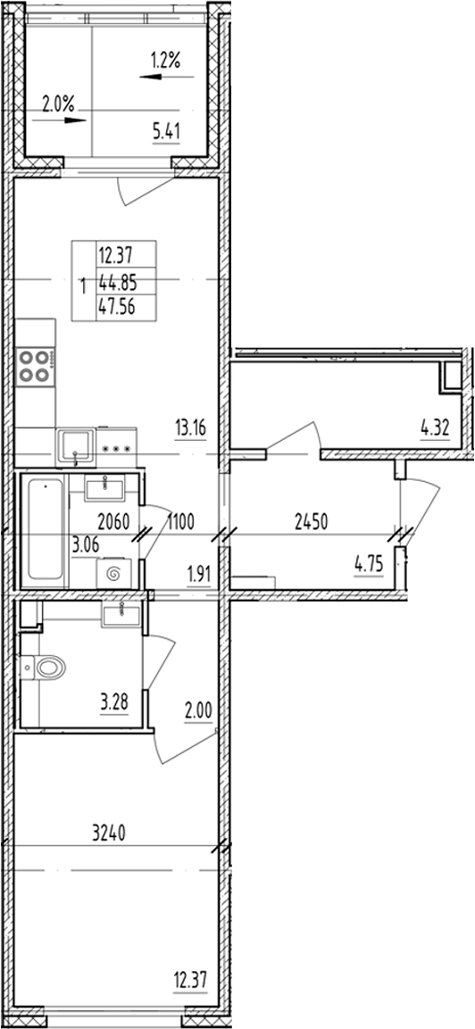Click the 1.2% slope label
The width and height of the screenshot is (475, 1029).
(166, 62)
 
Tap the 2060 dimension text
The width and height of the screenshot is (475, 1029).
(112, 521)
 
